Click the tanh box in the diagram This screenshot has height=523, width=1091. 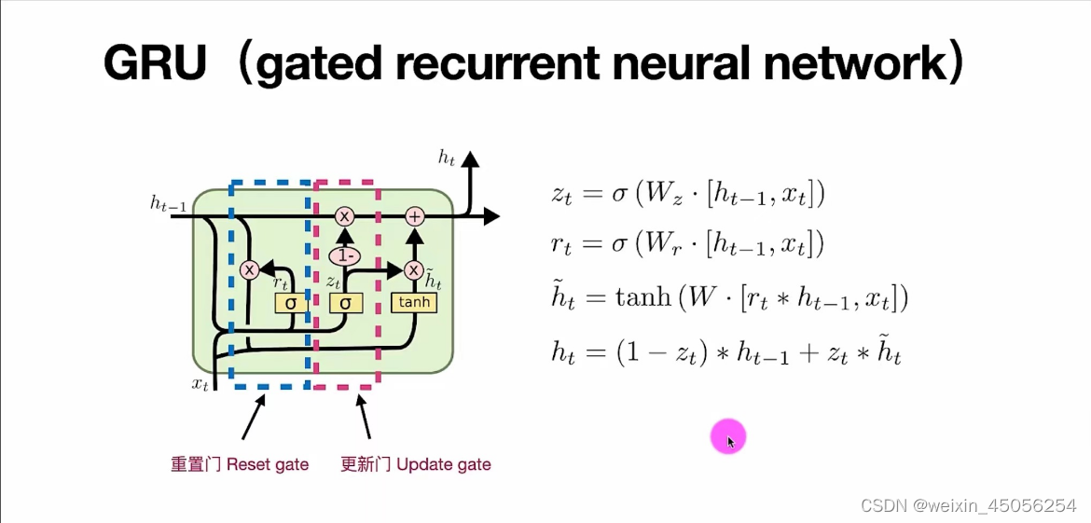(414, 302)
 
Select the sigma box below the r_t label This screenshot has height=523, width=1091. (290, 303)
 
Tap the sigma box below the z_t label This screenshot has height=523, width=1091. (346, 303)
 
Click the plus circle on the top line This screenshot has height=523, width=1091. (415, 216)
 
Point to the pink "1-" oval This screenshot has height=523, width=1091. (345, 255)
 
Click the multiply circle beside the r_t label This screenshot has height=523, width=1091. (249, 270)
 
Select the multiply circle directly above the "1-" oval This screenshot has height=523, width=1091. (345, 216)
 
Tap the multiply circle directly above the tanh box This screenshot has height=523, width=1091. (415, 270)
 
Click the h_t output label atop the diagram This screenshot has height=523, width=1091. (448, 158)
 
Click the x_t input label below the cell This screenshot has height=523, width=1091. (200, 383)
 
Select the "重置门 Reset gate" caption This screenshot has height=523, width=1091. (240, 463)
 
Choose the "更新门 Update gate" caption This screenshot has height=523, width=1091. (416, 463)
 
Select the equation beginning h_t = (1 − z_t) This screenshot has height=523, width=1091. (726, 351)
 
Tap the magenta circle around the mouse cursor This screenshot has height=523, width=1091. (728, 436)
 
